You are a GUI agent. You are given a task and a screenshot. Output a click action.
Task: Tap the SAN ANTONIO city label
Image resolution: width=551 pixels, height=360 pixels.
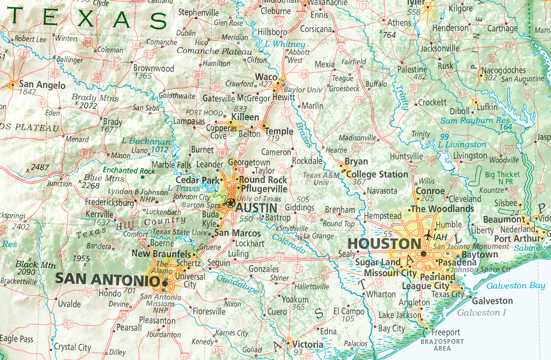(x=104, y=278)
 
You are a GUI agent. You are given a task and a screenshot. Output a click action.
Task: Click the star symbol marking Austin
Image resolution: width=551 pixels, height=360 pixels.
(x=231, y=202)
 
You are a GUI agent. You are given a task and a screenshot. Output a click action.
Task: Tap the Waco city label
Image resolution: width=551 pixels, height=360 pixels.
(x=266, y=76)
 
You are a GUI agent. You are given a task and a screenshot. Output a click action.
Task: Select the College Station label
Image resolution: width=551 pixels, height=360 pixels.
(x=377, y=174)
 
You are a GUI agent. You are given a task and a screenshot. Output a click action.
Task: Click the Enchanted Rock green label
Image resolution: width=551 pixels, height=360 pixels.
(x=129, y=170)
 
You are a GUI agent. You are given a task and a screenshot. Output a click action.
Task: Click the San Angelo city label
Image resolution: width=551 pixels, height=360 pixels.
(x=42, y=85)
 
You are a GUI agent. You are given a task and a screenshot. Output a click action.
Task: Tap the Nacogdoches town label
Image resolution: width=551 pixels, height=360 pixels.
(x=503, y=70)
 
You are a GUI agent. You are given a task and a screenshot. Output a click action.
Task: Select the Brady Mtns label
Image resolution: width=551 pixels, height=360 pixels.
(x=95, y=98)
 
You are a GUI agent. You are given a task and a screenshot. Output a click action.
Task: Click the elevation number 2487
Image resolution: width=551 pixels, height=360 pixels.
(x=40, y=168)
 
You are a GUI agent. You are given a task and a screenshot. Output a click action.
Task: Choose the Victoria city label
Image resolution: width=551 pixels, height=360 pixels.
(x=308, y=344)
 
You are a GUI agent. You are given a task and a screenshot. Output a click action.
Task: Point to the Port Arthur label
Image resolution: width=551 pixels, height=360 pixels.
(x=517, y=239)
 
